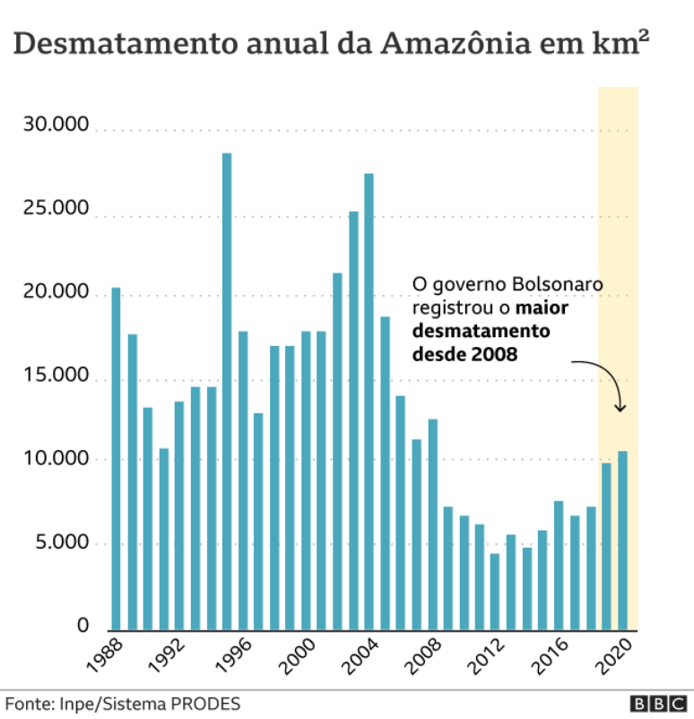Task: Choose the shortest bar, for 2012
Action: tap(495, 592)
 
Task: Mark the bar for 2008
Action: tap(432, 524)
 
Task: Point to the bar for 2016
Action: tap(559, 565)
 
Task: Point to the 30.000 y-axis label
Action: tap(56, 126)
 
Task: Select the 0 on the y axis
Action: tap(82, 626)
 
